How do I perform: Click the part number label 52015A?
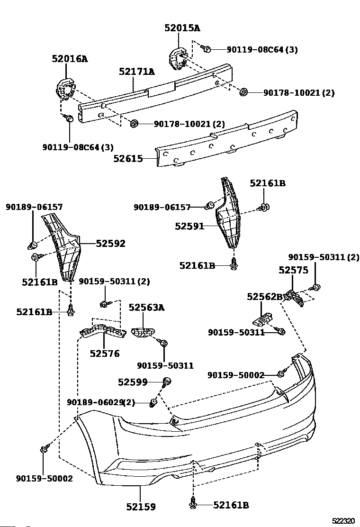coord(182,28)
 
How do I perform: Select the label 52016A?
coord(70,59)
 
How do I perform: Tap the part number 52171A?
coord(137,72)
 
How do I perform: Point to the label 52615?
coord(128,159)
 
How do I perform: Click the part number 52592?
coord(110,243)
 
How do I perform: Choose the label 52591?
coord(189,226)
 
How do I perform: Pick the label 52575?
coord(293,270)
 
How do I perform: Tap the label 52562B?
coord(265,297)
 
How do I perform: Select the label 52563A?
coord(146,308)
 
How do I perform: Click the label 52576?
coord(104,353)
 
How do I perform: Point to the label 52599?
coord(133,382)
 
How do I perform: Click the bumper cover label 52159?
coord(141,507)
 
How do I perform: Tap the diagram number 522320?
coord(343,521)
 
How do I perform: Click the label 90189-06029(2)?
coord(101,402)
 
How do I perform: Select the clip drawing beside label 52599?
coord(166,381)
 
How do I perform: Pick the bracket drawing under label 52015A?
coord(177,59)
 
